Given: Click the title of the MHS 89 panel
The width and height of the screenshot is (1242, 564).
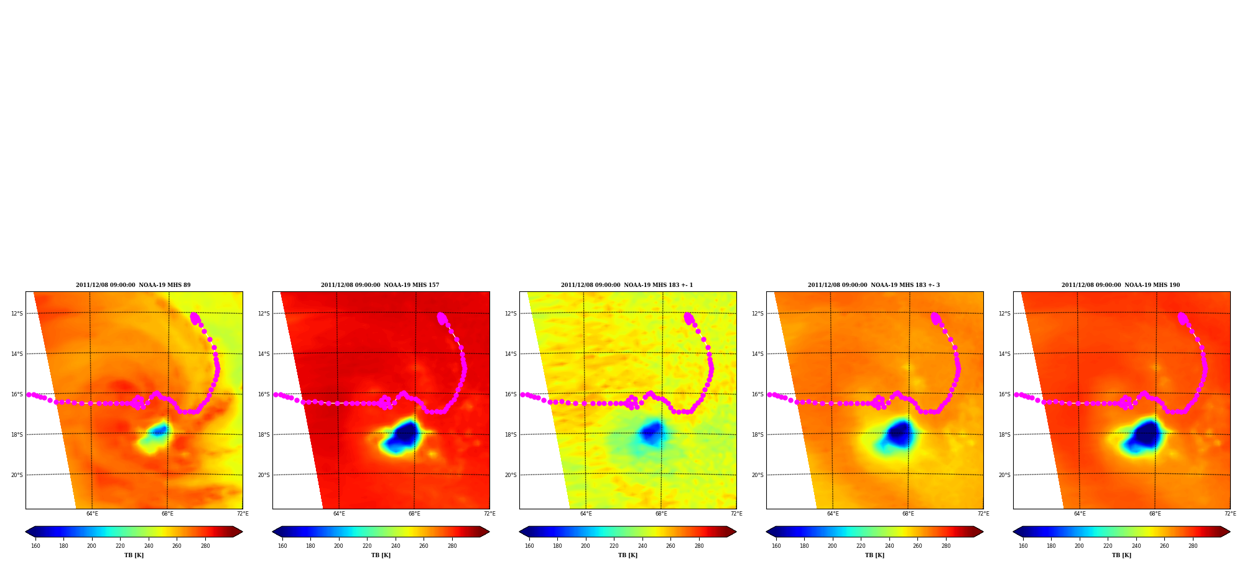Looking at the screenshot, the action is click(133, 285).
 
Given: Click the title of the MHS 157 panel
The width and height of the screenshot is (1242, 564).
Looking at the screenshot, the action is click(380, 285).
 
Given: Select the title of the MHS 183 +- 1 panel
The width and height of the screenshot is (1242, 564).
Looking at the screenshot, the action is click(627, 285).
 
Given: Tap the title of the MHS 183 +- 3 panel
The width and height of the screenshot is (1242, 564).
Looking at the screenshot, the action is click(874, 285).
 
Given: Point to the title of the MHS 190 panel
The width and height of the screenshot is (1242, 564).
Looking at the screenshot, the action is click(1121, 285).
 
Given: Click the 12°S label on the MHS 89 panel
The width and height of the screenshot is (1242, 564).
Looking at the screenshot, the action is click(17, 314).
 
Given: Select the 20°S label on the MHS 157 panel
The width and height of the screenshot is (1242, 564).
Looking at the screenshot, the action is click(264, 475).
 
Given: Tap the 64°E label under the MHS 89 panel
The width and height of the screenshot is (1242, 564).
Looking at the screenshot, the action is click(92, 514).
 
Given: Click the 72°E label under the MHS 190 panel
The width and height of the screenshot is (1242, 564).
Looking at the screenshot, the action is click(1230, 514).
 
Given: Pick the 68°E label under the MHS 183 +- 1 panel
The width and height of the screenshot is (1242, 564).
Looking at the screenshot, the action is click(661, 514).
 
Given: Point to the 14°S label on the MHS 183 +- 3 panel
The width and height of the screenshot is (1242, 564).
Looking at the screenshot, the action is click(758, 354).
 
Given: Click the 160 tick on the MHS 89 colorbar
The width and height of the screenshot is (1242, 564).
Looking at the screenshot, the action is click(35, 546).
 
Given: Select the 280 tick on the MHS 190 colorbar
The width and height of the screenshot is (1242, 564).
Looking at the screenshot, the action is click(1193, 546).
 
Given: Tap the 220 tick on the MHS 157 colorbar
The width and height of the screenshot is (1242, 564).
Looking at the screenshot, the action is click(367, 546).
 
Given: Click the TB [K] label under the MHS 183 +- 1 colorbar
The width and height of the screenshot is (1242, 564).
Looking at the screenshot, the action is click(628, 555).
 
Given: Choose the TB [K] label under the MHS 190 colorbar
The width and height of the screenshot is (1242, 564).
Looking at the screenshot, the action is click(1121, 555).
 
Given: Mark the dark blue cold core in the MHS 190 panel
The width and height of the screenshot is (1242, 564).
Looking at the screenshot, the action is click(1146, 434).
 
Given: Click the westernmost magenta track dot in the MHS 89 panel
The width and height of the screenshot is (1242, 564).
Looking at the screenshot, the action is click(29, 394).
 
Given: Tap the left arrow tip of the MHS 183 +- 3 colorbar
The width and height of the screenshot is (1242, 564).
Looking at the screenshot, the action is click(767, 532).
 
